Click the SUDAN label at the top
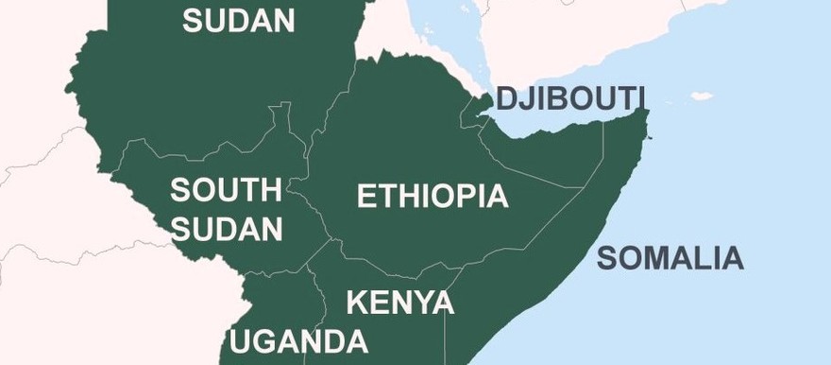pyautogui.click(x=238, y=21)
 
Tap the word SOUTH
pyautogui.click(x=226, y=190)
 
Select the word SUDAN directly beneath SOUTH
pyautogui.click(x=226, y=229)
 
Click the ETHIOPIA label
pyautogui.click(x=432, y=197)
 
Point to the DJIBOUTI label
pyautogui.click(x=570, y=98)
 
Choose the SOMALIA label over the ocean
pyautogui.click(x=670, y=257)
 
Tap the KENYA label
pyautogui.click(x=400, y=304)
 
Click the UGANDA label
pyautogui.click(x=298, y=341)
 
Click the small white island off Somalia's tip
pyautogui.click(x=700, y=96)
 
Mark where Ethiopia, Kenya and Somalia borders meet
pyautogui.click(x=459, y=266)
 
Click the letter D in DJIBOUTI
pyautogui.click(x=506, y=98)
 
